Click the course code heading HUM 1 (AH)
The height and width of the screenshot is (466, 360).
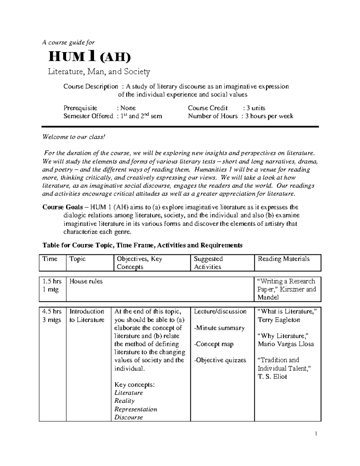(x=90, y=57)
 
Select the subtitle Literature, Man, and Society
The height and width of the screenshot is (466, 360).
(x=99, y=72)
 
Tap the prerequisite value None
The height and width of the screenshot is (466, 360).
(x=128, y=108)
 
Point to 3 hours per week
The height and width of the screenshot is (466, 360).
(x=269, y=116)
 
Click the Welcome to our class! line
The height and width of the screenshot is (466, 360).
(x=74, y=137)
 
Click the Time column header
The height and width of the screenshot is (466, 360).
(x=50, y=259)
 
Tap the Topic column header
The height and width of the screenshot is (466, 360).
(x=77, y=259)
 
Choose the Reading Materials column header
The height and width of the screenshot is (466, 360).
(x=283, y=259)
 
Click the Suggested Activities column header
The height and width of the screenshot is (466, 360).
(x=208, y=263)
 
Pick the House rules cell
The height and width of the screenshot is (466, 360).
(x=86, y=281)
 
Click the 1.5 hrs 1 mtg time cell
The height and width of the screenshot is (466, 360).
(x=52, y=285)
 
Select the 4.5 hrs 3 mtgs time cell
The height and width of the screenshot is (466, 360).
(x=52, y=316)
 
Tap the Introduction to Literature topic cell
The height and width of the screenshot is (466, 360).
(x=87, y=316)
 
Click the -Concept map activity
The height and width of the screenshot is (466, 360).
(x=214, y=344)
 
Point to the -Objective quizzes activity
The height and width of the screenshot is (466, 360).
(x=220, y=360)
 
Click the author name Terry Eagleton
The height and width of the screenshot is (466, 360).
(x=279, y=320)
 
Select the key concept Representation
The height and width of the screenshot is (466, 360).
(x=136, y=409)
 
